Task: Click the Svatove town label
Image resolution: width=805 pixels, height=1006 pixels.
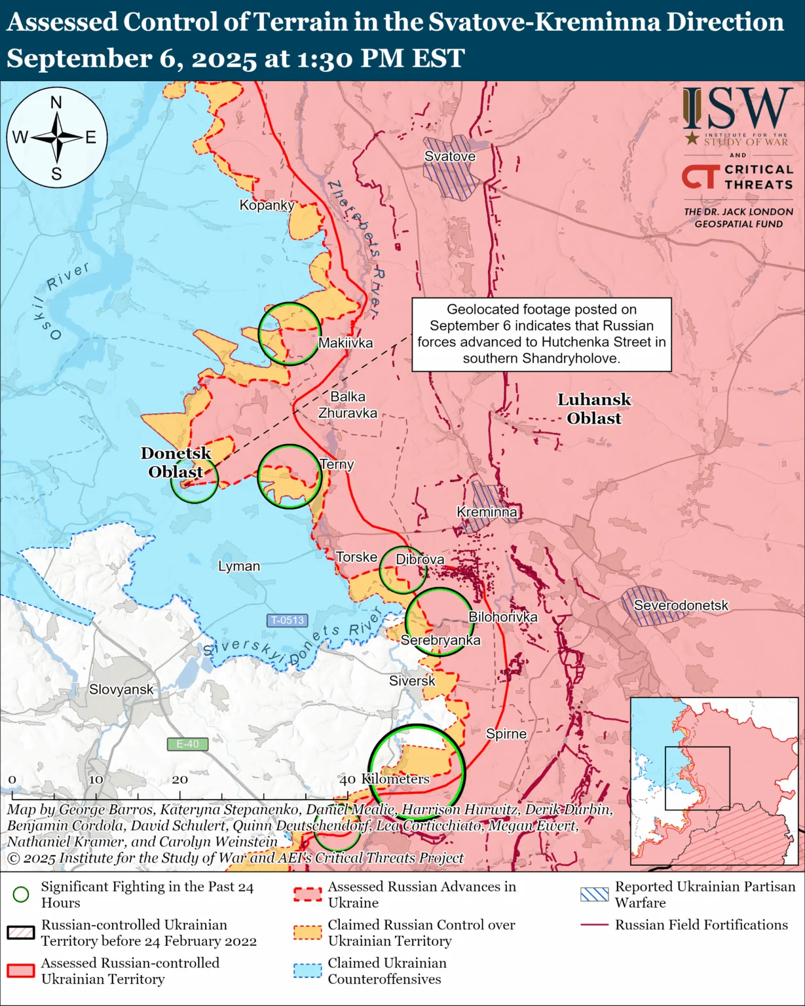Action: pyautogui.click(x=450, y=157)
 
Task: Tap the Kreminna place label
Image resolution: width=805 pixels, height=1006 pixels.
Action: pyautogui.click(x=487, y=512)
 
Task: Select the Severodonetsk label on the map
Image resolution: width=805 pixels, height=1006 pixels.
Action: pyautogui.click(x=681, y=606)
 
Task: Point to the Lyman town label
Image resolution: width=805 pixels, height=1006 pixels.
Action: pyautogui.click(x=239, y=566)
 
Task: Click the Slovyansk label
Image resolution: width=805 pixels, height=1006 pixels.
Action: pyautogui.click(x=121, y=689)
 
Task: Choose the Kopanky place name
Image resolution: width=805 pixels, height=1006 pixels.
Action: pyautogui.click(x=267, y=205)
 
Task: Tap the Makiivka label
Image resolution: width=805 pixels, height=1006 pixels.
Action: pyautogui.click(x=345, y=343)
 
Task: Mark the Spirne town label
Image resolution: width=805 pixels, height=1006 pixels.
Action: pyautogui.click(x=506, y=734)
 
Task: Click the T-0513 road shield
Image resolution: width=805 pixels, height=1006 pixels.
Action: pyautogui.click(x=288, y=620)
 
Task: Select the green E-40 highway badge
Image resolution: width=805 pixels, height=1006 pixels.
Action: pyautogui.click(x=187, y=744)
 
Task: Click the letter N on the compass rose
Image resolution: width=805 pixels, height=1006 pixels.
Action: pyautogui.click(x=56, y=103)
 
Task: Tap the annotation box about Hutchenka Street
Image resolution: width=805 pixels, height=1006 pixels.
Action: pyautogui.click(x=541, y=334)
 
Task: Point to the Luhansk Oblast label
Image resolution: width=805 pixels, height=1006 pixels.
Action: pyautogui.click(x=594, y=409)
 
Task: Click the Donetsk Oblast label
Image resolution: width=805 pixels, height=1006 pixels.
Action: pyautogui.click(x=176, y=462)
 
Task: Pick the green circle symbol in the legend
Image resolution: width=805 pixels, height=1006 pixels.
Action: pyautogui.click(x=21, y=895)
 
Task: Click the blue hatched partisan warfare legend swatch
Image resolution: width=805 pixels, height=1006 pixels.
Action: pyautogui.click(x=594, y=895)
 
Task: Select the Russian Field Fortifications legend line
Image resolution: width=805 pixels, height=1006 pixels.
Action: pyautogui.click(x=594, y=925)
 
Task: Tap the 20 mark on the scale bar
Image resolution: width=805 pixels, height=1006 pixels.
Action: pyautogui.click(x=179, y=779)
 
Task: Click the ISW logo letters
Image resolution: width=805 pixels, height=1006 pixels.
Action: pyautogui.click(x=737, y=109)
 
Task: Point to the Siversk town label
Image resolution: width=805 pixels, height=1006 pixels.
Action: pyautogui.click(x=412, y=681)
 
